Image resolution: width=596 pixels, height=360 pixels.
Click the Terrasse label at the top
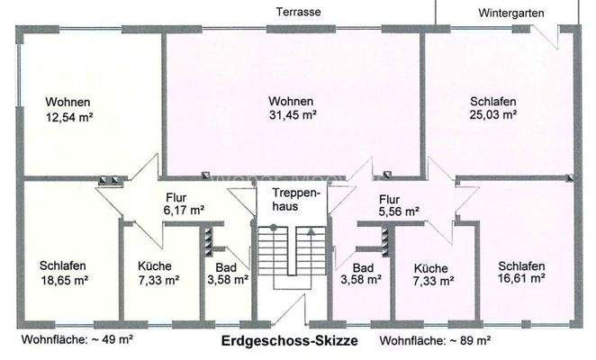(299, 12)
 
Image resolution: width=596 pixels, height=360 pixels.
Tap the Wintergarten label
(511, 13)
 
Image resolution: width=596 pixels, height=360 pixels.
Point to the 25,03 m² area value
(492, 114)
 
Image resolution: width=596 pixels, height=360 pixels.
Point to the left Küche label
(154, 265)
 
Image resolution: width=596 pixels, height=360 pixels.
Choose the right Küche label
(430, 267)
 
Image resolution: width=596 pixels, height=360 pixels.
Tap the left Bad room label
(225, 267)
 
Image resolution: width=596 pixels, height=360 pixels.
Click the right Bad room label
(363, 267)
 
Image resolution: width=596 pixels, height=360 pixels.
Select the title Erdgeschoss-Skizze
(289, 341)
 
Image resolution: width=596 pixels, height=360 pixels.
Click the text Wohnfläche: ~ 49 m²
(77, 340)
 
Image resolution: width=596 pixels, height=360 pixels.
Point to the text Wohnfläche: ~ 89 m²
(435, 341)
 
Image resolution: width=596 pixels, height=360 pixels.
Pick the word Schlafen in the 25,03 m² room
(492, 100)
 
